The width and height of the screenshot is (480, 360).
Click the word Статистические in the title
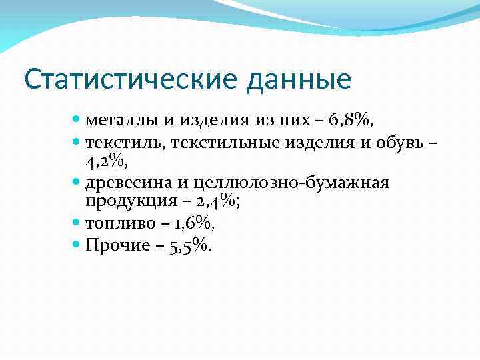tap(130, 79)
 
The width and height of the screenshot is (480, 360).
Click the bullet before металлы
tap(76, 120)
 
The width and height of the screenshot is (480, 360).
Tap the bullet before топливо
tap(76, 223)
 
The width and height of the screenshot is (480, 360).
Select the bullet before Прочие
tap(76, 244)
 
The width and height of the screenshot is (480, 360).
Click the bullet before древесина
tap(76, 181)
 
